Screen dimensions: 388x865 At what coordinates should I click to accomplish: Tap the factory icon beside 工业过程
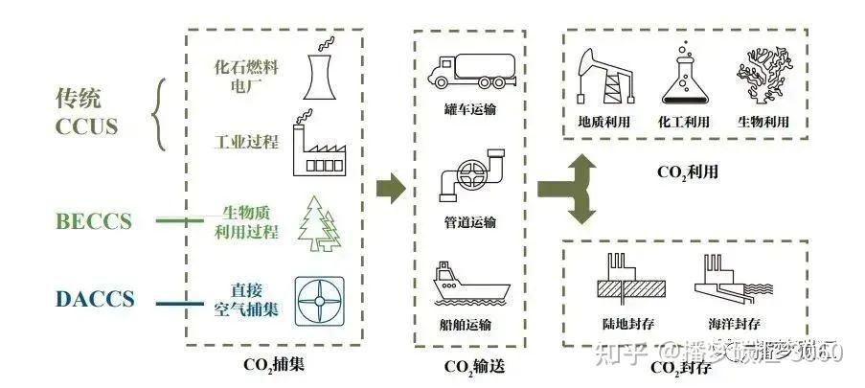click(x=317, y=148)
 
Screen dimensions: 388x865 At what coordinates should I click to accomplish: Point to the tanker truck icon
click(x=468, y=70)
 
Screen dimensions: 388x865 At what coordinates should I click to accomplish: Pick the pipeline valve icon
click(x=468, y=175)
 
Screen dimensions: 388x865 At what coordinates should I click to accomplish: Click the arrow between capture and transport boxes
click(x=389, y=188)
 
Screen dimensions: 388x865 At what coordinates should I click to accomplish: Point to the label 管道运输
click(x=469, y=223)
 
